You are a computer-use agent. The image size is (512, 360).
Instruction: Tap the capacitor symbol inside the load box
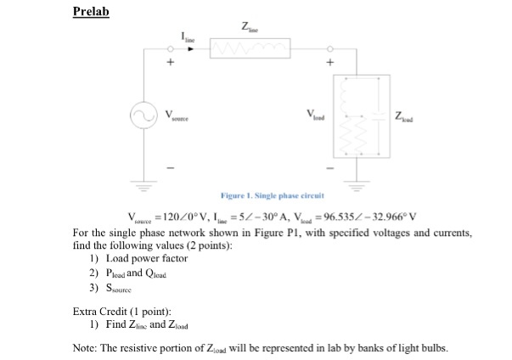click(x=378, y=117)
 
